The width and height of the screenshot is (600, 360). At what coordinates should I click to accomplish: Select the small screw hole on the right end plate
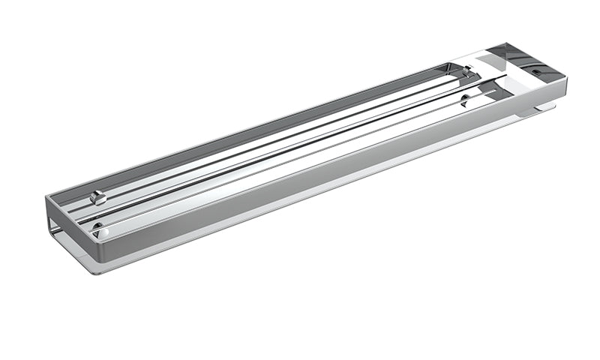point(536,73)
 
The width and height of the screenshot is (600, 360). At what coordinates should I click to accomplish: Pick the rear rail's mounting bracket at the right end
point(466,72)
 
